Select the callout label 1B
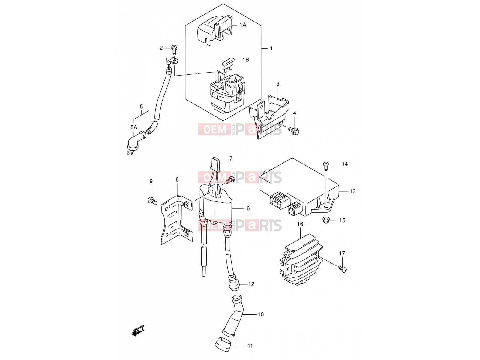tap(246, 60)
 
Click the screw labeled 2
tap(174, 50)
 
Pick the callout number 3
tap(278, 84)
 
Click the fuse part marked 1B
tap(227, 65)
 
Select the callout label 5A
tap(133, 127)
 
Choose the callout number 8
tap(177, 179)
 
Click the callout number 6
tap(248, 208)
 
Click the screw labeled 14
tap(325, 166)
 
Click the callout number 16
tap(300, 224)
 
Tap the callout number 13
tap(352, 191)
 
